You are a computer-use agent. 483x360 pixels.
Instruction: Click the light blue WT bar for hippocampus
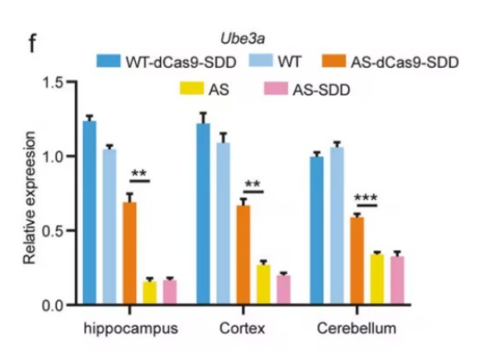tap(109, 226)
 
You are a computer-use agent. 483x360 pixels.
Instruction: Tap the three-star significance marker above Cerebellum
tap(366, 198)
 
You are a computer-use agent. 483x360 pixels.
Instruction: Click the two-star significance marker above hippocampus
tap(139, 174)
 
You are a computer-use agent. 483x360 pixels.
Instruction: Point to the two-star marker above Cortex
tap(252, 185)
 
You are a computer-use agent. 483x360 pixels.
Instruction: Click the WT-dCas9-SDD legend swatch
tap(109, 62)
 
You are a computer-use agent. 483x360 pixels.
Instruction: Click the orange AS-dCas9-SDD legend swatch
tap(332, 62)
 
